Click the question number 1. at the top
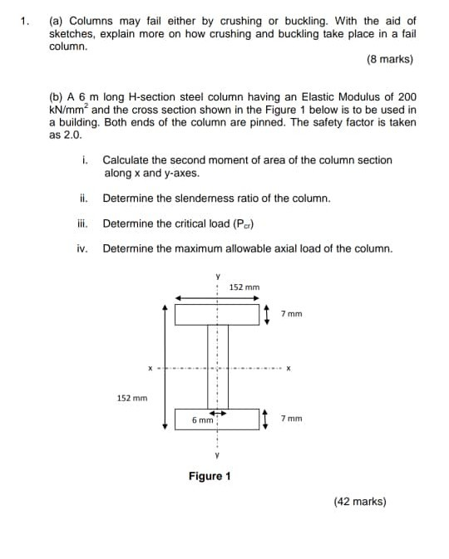tap(25, 21)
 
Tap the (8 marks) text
tap(389, 60)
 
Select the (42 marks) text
tap(360, 501)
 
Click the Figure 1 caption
tap(210, 476)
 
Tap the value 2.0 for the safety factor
tap(72, 135)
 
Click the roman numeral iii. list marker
tap(82, 223)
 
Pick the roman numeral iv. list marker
tap(82, 248)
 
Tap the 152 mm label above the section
tap(244, 287)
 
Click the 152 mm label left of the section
tap(132, 398)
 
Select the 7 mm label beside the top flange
tap(292, 314)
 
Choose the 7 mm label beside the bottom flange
tap(292, 419)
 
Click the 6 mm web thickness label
tap(201, 420)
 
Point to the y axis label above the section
tap(218, 276)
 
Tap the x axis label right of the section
tap(288, 367)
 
